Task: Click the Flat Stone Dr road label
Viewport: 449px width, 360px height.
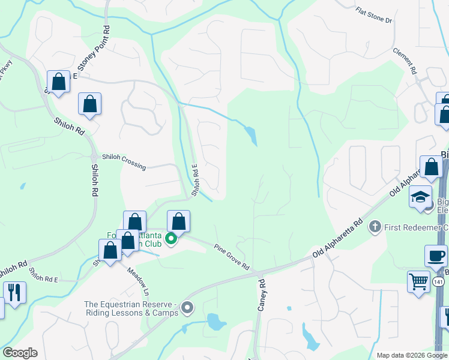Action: (x=373, y=16)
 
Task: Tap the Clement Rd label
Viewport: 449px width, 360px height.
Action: (x=405, y=61)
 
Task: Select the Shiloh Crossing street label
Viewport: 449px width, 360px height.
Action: (x=124, y=161)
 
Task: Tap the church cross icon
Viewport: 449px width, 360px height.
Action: (x=375, y=227)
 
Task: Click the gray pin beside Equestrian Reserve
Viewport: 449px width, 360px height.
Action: (x=187, y=308)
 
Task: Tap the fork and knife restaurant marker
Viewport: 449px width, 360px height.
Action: (x=14, y=292)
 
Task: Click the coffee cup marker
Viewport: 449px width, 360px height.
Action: (x=436, y=256)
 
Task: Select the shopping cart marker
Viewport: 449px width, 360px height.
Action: (x=418, y=281)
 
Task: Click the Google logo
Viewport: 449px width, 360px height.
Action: (x=19, y=353)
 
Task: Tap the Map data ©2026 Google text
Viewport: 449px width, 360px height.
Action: (x=412, y=355)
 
